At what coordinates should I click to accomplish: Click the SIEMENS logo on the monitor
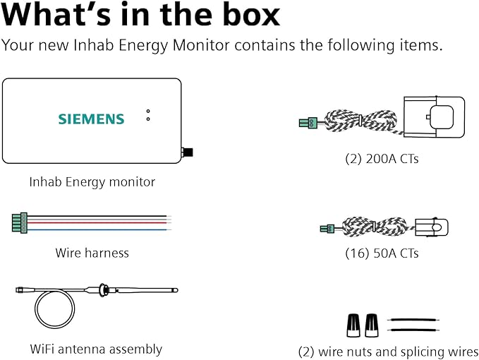[x=91, y=119]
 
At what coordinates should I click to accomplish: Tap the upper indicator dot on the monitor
[x=148, y=112]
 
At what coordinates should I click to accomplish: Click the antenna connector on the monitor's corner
[x=187, y=152]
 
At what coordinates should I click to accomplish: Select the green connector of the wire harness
[x=20, y=223]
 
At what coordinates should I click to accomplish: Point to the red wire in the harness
[x=97, y=223]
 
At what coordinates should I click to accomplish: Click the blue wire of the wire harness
[x=97, y=229]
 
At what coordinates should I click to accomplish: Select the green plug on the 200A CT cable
[x=308, y=123]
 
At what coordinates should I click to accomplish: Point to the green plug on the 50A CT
[x=327, y=228]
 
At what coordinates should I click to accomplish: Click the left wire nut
[x=353, y=325]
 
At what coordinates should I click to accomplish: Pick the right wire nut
[x=372, y=325]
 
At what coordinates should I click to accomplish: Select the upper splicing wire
[x=413, y=320]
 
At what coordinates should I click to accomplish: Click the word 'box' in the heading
[x=251, y=15]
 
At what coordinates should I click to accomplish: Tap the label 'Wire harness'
[x=92, y=253]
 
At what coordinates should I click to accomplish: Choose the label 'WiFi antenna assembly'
[x=96, y=349]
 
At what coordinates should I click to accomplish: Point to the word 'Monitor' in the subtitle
[x=201, y=45]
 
